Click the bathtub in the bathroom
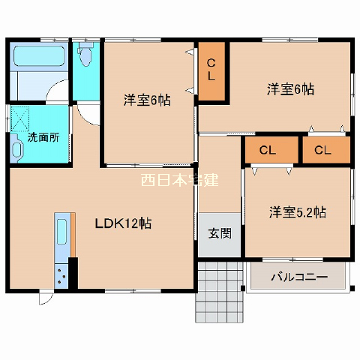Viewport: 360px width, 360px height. pyautogui.click(x=39, y=56)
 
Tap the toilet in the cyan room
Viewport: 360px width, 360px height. pyautogui.click(x=85, y=54)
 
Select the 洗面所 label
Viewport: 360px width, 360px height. pyautogui.click(x=43, y=137)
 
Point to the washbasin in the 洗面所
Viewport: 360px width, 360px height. pyautogui.click(x=16, y=148)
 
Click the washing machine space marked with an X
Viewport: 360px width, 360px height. pyautogui.click(x=20, y=119)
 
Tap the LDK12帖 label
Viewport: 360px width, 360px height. pyautogui.click(x=123, y=223)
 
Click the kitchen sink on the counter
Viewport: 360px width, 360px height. pyautogui.click(x=61, y=232)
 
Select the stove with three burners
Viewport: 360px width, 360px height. pyautogui.click(x=61, y=276)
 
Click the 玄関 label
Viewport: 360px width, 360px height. pyautogui.click(x=220, y=233)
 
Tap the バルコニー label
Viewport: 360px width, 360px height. pyautogui.click(x=299, y=277)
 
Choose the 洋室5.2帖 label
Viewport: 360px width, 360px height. pyautogui.click(x=298, y=212)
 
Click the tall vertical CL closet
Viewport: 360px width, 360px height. pyautogui.click(x=211, y=71)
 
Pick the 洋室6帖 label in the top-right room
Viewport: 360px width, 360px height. pyautogui.click(x=290, y=89)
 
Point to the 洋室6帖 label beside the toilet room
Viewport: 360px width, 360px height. pyautogui.click(x=147, y=100)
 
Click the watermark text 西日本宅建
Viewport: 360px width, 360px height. pyautogui.click(x=180, y=180)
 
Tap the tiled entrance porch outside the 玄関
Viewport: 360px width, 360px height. pyautogui.click(x=220, y=292)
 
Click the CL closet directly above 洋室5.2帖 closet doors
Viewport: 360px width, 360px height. pyautogui.click(x=271, y=150)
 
